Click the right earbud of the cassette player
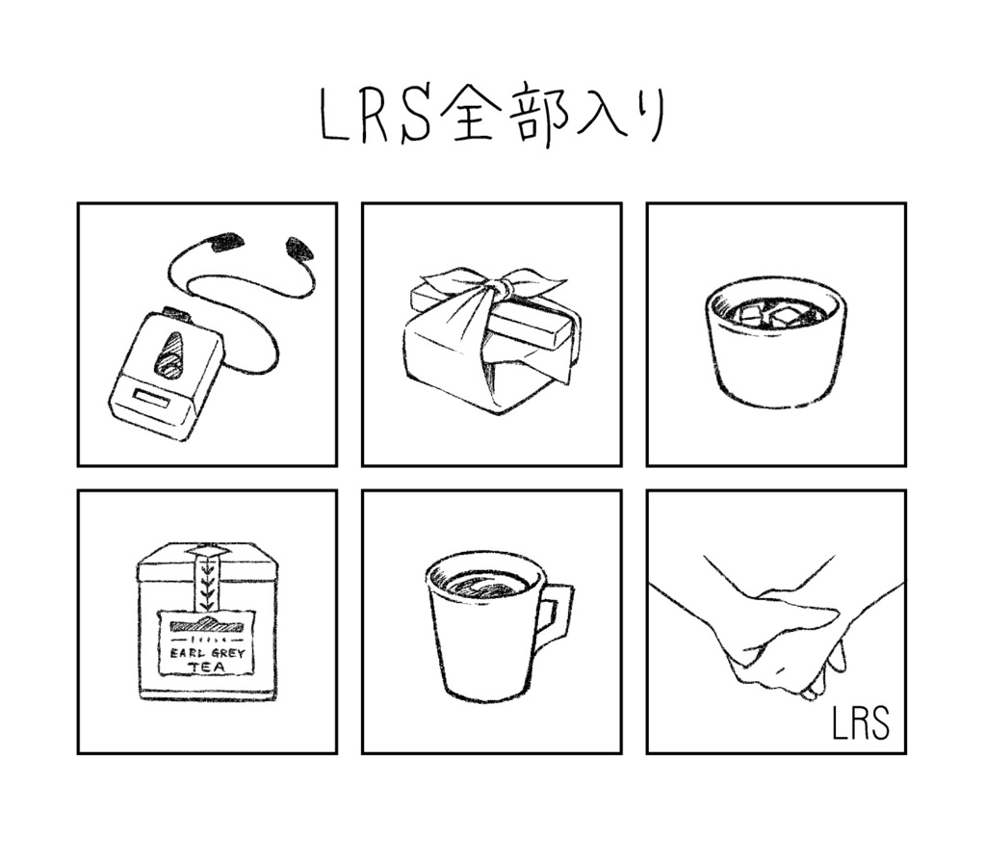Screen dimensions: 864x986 tap(299, 250)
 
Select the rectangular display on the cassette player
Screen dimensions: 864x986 tap(151, 397)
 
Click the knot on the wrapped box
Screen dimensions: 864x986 tap(498, 287)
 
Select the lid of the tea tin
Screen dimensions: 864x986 tap(206, 563)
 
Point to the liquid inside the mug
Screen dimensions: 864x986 tap(485, 584)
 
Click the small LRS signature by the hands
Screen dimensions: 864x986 tap(860, 724)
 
